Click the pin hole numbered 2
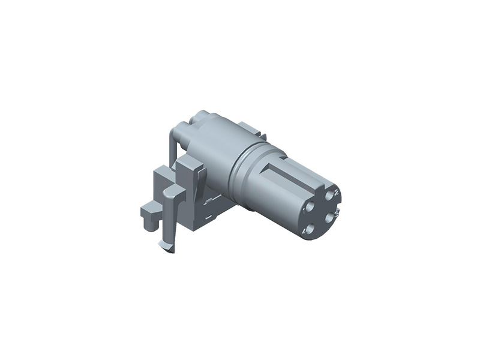click(x=329, y=195)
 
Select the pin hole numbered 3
click(x=329, y=217)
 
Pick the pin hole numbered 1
click(x=310, y=206)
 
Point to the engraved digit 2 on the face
click(x=337, y=191)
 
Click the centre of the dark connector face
click(x=320, y=211)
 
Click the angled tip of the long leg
click(x=165, y=245)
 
